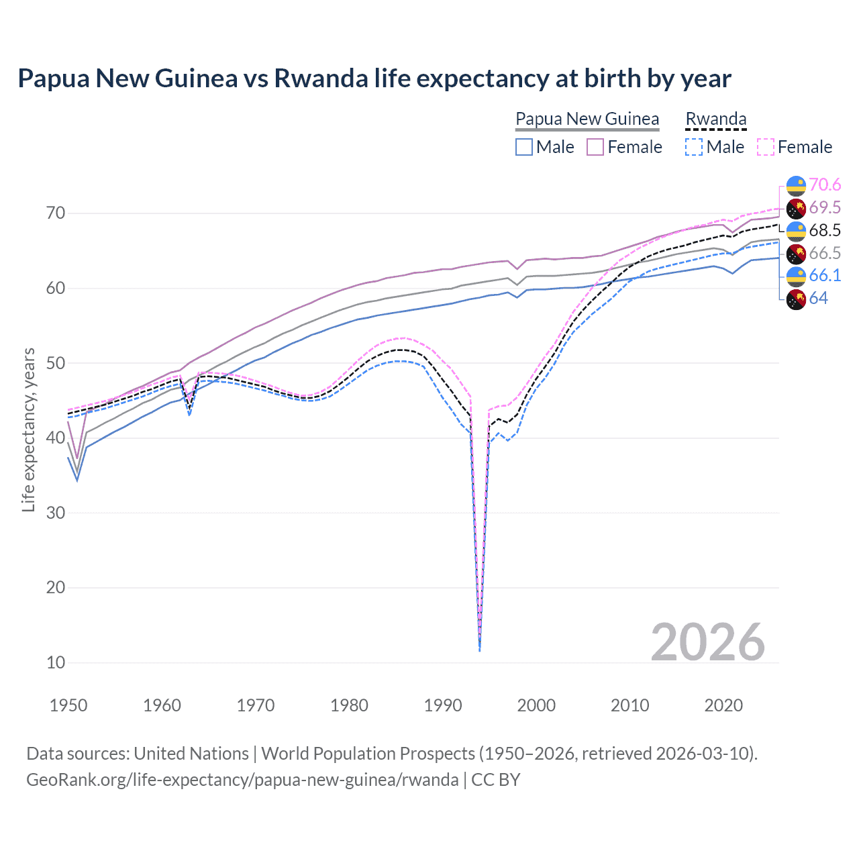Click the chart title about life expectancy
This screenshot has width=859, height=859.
pyautogui.click(x=374, y=79)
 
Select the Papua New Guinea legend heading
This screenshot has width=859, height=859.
pyautogui.click(x=587, y=119)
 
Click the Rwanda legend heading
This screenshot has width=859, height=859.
pyautogui.click(x=715, y=119)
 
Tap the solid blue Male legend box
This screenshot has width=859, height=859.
pyautogui.click(x=524, y=147)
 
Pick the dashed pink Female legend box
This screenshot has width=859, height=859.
pyautogui.click(x=766, y=147)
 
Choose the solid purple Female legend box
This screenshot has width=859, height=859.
pyautogui.click(x=595, y=147)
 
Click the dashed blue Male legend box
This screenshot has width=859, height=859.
pyautogui.click(x=694, y=147)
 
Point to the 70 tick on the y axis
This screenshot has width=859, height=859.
pyautogui.click(x=56, y=213)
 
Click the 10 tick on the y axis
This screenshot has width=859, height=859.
pyautogui.click(x=56, y=662)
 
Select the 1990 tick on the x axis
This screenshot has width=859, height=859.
pyautogui.click(x=443, y=705)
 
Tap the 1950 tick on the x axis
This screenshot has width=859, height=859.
pyautogui.click(x=68, y=705)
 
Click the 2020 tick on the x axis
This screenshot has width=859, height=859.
pyautogui.click(x=723, y=705)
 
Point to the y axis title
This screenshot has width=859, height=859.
pyautogui.click(x=28, y=429)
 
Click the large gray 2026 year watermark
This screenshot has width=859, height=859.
pyautogui.click(x=707, y=642)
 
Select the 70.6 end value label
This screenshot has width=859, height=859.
pyautogui.click(x=825, y=185)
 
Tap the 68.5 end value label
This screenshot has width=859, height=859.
pyautogui.click(x=825, y=230)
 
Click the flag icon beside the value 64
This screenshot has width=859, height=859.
pyautogui.click(x=796, y=299)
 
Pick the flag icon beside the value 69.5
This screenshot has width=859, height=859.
pyautogui.click(x=796, y=208)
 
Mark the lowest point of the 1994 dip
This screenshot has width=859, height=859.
pyautogui.click(x=479, y=650)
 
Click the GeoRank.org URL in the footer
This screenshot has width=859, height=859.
pyautogui.click(x=242, y=780)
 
